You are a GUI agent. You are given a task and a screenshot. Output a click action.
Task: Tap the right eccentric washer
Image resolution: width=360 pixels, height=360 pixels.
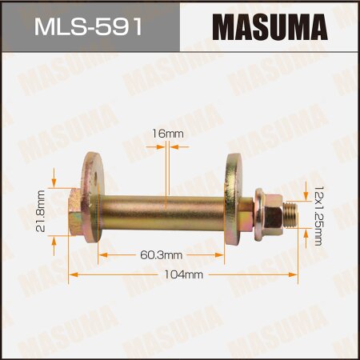click(x=238, y=203)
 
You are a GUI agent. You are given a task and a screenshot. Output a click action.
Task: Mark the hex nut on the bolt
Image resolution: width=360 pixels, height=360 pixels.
click(x=263, y=215)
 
